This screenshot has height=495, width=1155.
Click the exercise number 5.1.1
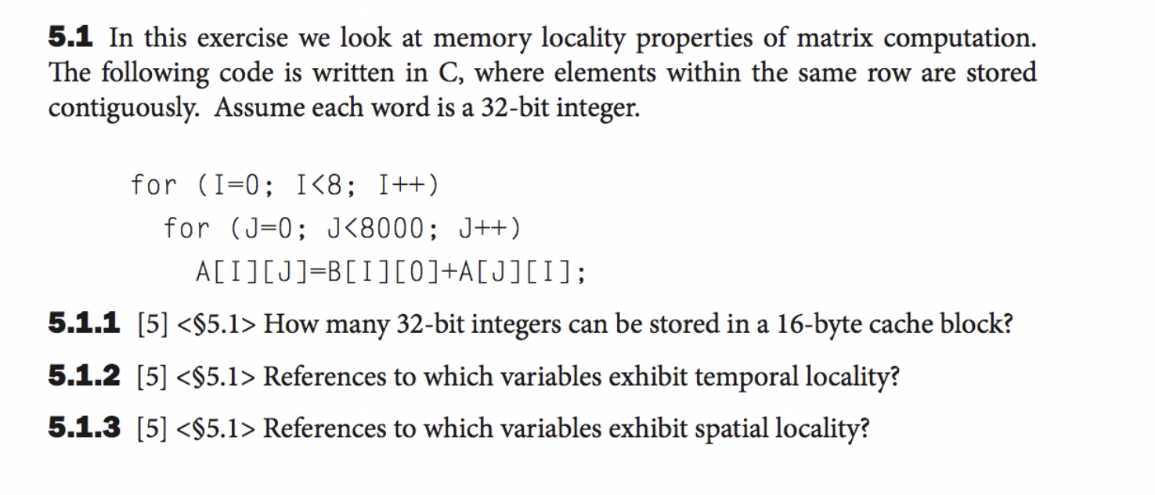pos(84,323)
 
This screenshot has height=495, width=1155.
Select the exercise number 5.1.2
pos(84,376)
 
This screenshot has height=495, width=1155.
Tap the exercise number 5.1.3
pos(84,428)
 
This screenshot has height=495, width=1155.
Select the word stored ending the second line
pos(1001,73)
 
